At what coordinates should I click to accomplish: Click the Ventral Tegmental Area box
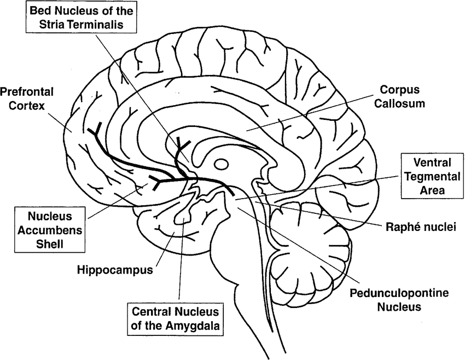(432, 176)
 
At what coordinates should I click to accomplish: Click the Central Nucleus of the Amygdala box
(175, 318)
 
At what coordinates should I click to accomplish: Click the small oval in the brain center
(222, 164)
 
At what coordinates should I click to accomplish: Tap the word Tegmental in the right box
(432, 176)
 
